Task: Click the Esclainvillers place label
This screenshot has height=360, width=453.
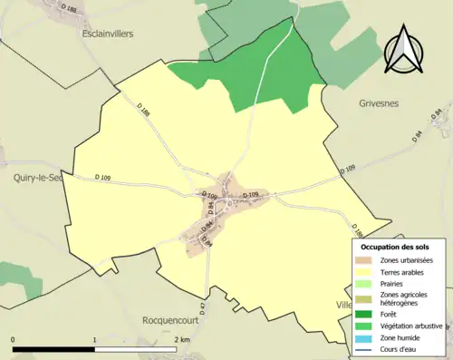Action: pyautogui.click(x=94, y=34)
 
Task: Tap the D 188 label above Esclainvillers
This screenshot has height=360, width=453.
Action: pyautogui.click(x=68, y=9)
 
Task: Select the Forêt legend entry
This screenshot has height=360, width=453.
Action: pyautogui.click(x=390, y=314)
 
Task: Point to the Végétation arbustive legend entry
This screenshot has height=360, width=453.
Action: pyautogui.click(x=410, y=325)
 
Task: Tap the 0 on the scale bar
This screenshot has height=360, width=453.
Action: pyautogui.click(x=14, y=339)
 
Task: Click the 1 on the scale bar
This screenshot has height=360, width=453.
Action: pyautogui.click(x=95, y=339)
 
